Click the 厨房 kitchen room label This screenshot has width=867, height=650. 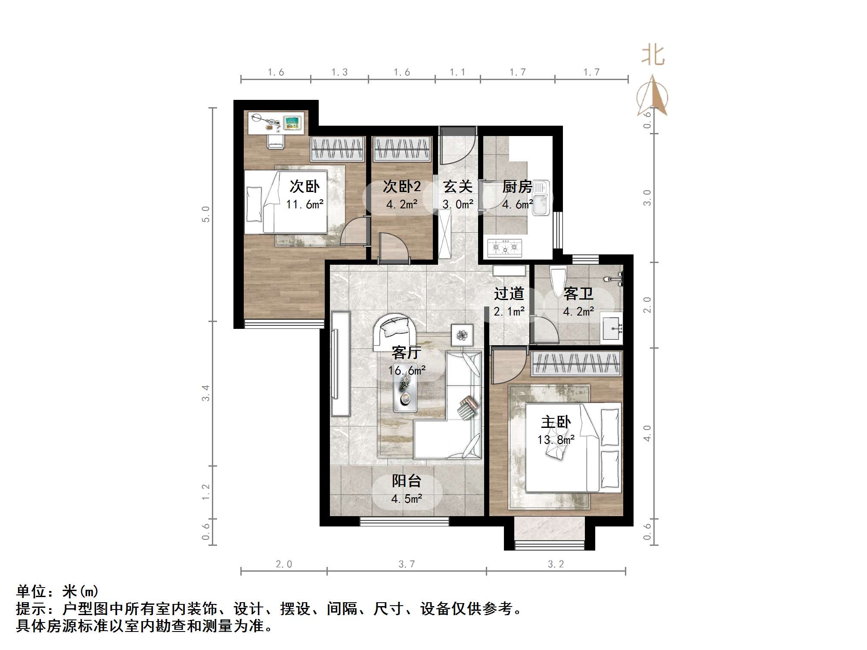coord(517,187)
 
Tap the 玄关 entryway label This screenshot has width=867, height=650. coord(458,187)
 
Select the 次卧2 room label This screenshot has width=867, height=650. coord(402,187)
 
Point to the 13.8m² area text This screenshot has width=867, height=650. coord(556,440)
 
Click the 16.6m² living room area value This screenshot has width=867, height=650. coord(407,371)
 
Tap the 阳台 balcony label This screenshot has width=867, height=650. coord(406,481)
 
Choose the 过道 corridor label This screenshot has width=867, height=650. coord(509,294)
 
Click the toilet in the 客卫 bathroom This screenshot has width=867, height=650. coord(558,282)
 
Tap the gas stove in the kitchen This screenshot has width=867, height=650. coord(505,248)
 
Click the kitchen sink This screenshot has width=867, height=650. coord(541,199)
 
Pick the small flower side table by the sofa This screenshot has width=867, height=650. coord(462,335)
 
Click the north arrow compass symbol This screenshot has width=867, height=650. coord(653,96)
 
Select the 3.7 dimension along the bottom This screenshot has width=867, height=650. coord(407,564)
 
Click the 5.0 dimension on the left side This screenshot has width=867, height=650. coord(206,214)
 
